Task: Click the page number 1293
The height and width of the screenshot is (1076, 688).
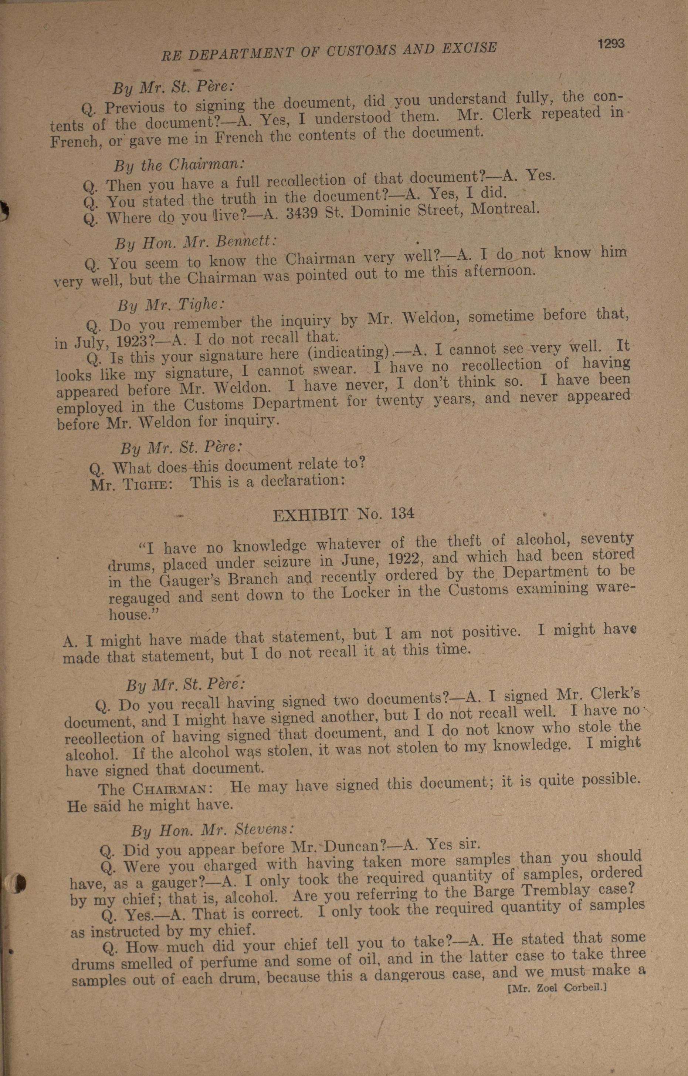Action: [611, 44]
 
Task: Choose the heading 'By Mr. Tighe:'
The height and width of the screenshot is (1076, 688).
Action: [171, 305]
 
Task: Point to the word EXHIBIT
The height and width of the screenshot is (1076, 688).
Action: [310, 516]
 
